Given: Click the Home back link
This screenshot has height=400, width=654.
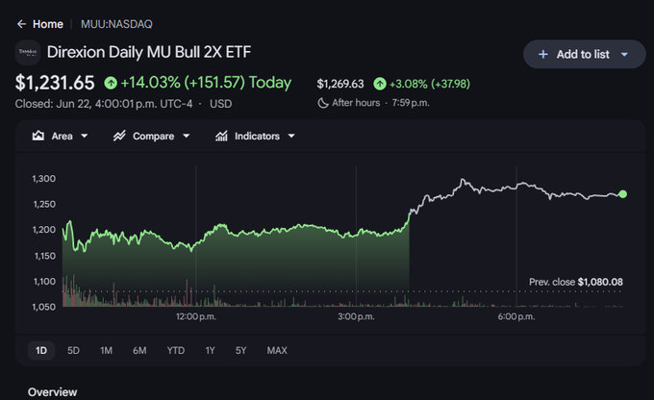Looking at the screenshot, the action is click(x=40, y=24).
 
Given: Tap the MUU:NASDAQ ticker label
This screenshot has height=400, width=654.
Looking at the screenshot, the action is click(x=116, y=24).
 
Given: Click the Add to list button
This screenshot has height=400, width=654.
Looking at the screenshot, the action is click(x=584, y=54).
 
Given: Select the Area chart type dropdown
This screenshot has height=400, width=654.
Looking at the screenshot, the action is click(x=60, y=136).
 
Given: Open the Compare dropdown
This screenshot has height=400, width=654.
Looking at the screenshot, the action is click(x=151, y=136).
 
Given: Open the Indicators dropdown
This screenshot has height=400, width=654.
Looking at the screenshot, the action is click(x=255, y=136).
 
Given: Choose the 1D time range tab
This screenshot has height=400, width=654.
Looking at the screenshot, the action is click(x=41, y=350).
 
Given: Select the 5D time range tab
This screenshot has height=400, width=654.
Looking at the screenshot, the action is click(x=73, y=350).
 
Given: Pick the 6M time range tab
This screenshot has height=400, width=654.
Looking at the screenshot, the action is click(x=139, y=350).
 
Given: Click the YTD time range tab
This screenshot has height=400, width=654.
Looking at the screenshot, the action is click(x=176, y=350).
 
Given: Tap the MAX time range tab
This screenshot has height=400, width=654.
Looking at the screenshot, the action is click(x=277, y=350).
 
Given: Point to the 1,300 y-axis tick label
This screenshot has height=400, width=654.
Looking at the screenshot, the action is click(x=44, y=179).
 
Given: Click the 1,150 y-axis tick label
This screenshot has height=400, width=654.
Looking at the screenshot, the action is click(x=44, y=256).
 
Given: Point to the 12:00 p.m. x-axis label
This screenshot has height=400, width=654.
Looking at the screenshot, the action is click(x=196, y=316).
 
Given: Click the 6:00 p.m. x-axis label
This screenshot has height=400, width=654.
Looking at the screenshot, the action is click(x=516, y=316).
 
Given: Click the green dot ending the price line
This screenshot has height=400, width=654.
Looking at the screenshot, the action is click(x=622, y=194).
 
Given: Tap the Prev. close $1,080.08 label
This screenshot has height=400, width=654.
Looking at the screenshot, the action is click(x=575, y=282).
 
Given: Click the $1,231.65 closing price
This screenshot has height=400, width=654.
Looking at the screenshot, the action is click(x=55, y=83).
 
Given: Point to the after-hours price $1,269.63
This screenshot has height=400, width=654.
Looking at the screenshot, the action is click(x=340, y=84).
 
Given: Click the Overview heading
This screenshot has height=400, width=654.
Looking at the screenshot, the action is click(x=53, y=392).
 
